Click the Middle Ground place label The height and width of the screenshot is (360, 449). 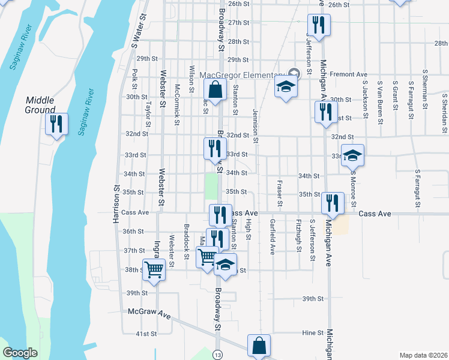point(40,105)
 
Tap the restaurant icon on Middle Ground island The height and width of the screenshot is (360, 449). point(57,124)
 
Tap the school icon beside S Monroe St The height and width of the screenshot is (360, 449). point(353,155)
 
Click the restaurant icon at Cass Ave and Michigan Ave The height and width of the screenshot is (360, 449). point(331,203)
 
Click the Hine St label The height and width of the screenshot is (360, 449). point(313,332)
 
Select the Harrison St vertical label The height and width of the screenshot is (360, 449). point(116,205)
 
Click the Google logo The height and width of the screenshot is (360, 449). point(20,353)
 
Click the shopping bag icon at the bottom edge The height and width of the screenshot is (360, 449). point(259,346)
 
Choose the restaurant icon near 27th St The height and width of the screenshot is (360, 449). point(318,25)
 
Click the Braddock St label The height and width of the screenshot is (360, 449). point(187,239)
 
